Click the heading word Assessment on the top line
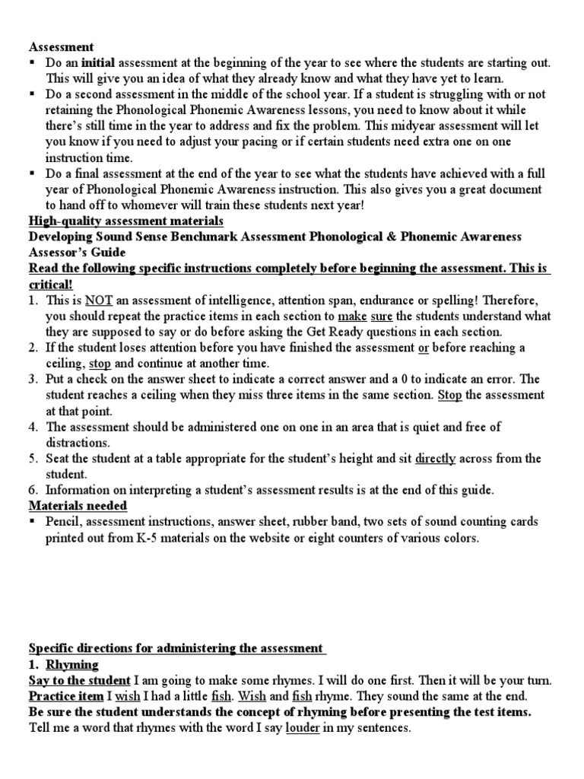pos(62,46)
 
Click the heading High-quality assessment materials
pos(125,221)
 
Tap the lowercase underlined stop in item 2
pos(101,363)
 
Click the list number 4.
pos(33,427)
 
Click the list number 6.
pos(33,491)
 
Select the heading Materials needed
pos(78,506)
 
